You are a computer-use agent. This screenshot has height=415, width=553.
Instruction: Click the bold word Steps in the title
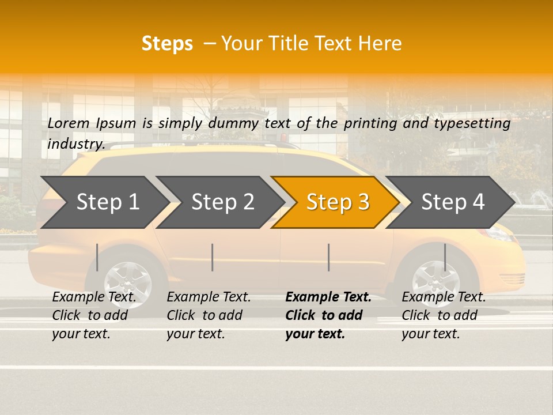[x=167, y=44]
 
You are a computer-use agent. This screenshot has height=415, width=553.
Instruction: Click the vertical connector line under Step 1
[x=97, y=257]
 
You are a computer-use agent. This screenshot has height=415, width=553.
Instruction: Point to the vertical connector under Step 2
[x=213, y=257]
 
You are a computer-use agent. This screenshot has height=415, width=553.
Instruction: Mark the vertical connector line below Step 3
[x=328, y=257]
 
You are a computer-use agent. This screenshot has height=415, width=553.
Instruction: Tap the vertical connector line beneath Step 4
[x=445, y=257]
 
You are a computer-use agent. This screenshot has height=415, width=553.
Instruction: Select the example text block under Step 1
[x=94, y=315]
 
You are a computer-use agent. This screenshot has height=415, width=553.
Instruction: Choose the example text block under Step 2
[x=209, y=315]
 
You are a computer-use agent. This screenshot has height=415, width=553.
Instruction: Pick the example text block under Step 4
[x=444, y=315]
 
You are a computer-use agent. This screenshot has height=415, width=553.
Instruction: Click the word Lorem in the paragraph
[x=69, y=123]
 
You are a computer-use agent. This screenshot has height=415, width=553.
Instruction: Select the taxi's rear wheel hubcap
[x=128, y=282]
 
